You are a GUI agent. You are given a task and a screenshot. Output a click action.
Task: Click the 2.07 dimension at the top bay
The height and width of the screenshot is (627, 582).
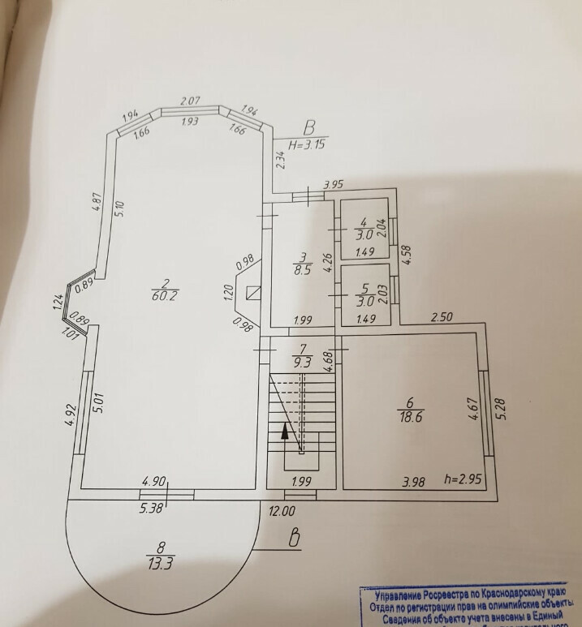[190, 101]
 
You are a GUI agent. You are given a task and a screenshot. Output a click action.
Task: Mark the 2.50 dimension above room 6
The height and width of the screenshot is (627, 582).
[440, 318]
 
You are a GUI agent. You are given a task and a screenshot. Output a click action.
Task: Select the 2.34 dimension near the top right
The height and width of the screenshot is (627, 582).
[280, 159]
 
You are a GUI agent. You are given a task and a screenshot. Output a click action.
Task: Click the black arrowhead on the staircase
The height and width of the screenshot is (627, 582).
[285, 431]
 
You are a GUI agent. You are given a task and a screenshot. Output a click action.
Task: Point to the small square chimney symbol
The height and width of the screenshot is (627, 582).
[253, 291]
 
